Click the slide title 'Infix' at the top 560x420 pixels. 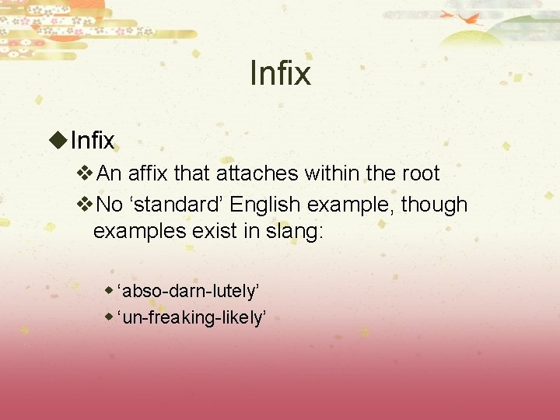(x=280, y=74)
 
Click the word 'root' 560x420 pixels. (x=421, y=173)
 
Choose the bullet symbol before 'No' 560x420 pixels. (x=86, y=205)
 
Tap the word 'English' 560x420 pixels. (x=267, y=205)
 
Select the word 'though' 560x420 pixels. (x=434, y=205)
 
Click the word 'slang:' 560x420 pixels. (x=292, y=231)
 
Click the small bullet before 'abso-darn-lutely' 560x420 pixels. (x=110, y=290)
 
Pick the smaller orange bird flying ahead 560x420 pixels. (x=447, y=14)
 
